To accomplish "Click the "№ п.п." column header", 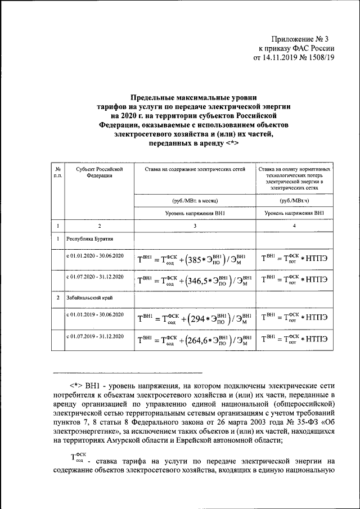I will click(x=58, y=172).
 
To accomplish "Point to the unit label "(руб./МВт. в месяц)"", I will click(x=194, y=200).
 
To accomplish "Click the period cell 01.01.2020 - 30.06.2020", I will click(x=95, y=256).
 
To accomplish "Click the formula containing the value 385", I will click(x=194, y=260).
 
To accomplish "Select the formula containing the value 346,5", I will click(x=194, y=280).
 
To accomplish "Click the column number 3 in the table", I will click(x=194, y=226).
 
